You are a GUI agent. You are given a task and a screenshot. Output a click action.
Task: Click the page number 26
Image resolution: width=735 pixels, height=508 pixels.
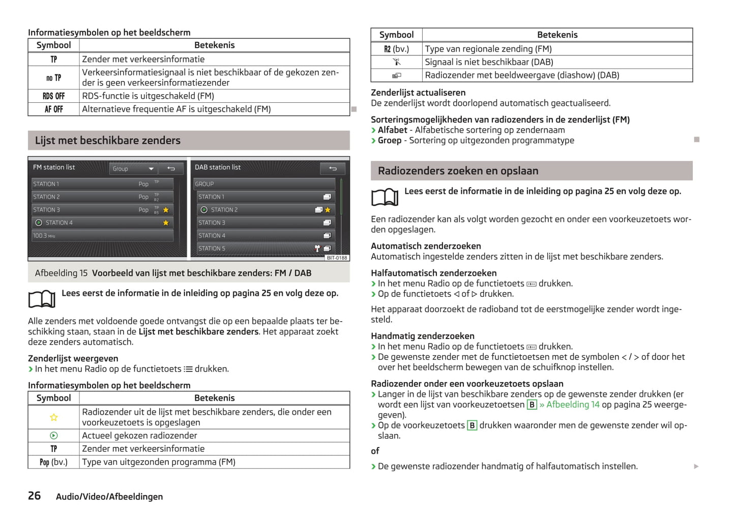(34, 495)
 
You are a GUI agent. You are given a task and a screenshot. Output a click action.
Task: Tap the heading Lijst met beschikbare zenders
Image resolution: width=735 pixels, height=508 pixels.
(107, 140)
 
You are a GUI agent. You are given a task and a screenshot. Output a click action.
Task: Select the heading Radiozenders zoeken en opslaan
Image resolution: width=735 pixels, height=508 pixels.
(458, 171)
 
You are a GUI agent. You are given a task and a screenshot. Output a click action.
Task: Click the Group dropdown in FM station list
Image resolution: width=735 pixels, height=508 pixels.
(133, 168)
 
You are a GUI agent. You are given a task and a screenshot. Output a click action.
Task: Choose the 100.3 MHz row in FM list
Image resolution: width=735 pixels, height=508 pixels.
(102, 236)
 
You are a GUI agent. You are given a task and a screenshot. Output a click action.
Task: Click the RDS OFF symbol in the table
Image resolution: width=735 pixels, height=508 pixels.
(53, 96)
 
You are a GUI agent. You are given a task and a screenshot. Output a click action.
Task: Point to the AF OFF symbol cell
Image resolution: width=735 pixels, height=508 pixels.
(53, 109)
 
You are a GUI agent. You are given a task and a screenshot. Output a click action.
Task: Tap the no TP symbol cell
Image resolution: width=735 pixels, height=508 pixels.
(53, 78)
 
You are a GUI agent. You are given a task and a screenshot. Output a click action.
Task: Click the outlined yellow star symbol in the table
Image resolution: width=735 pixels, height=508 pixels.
(53, 417)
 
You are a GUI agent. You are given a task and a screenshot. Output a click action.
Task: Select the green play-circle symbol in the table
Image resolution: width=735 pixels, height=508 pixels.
(53, 436)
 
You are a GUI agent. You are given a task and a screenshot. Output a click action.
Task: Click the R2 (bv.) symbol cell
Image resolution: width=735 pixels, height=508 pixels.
(396, 49)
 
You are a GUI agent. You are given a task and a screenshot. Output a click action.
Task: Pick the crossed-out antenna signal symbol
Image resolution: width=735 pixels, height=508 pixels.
(397, 62)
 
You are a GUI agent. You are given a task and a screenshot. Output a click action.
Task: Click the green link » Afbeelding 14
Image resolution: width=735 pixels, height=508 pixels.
(569, 405)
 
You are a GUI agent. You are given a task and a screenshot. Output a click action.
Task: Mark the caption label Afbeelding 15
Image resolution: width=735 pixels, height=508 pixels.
(61, 273)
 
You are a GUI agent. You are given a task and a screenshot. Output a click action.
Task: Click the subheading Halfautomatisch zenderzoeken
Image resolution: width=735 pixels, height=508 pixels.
(433, 273)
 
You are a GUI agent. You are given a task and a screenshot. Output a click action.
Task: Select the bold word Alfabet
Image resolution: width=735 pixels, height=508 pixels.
(392, 130)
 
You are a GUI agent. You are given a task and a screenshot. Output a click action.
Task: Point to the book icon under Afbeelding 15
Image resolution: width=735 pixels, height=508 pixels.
(42, 299)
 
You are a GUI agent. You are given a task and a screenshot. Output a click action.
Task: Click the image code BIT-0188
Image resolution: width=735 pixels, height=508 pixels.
(337, 258)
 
